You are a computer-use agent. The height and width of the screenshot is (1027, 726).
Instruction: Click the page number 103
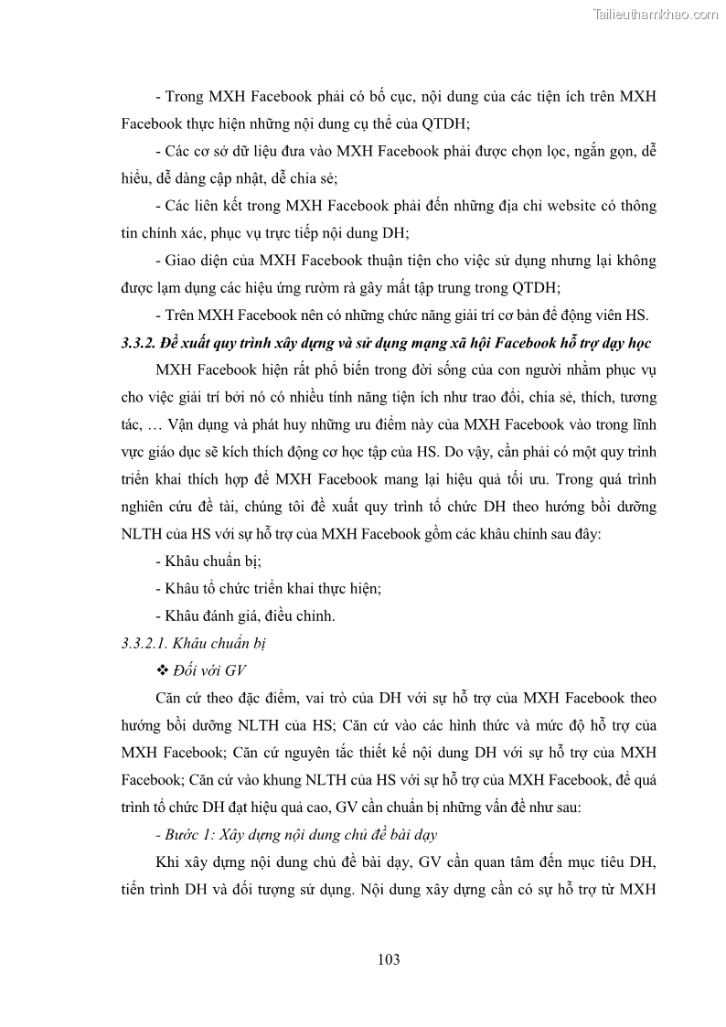pyautogui.click(x=389, y=959)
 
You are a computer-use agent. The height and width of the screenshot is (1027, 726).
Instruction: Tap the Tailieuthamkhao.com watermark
pyautogui.click(x=656, y=14)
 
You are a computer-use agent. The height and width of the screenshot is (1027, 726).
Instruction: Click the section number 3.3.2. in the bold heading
pyautogui.click(x=139, y=343)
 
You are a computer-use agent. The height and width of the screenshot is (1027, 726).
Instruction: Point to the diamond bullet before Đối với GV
pyautogui.click(x=163, y=670)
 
